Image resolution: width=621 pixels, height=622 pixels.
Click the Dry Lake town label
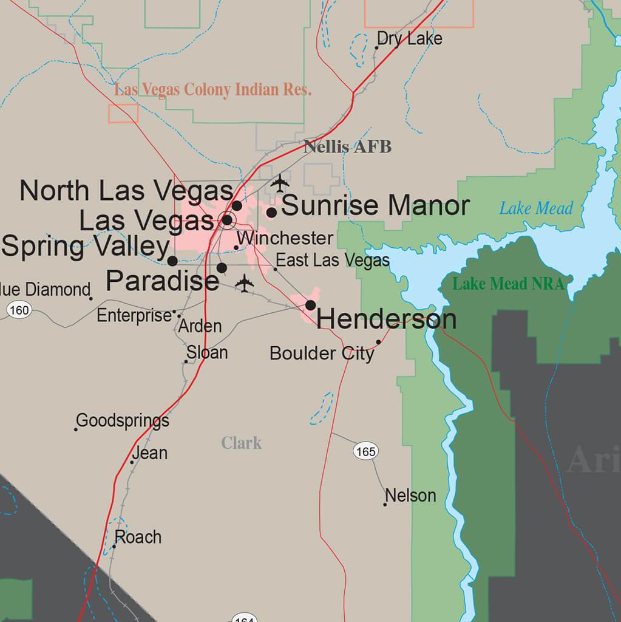point(409,39)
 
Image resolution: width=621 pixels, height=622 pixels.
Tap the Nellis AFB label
point(347,147)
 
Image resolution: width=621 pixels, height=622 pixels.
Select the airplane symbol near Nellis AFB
point(279,182)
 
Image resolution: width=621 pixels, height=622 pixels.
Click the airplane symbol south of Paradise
point(244,283)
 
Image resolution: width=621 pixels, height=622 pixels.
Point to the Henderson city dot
point(310,305)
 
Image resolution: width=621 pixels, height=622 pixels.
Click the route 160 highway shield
point(19,310)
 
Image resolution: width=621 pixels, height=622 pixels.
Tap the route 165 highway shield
point(365,451)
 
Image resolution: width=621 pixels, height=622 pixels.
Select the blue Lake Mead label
point(536,209)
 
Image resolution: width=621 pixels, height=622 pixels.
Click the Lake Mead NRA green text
point(508,284)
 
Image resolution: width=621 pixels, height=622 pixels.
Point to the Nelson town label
point(411,496)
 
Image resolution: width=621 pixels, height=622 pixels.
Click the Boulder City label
point(322,353)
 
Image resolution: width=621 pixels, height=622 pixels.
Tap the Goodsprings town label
point(123,420)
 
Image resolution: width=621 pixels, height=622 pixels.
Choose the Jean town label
point(149,453)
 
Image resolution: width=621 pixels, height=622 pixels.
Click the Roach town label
point(138,537)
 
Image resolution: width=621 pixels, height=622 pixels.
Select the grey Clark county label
point(242,443)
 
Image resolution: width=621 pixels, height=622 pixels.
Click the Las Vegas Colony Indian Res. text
point(213,91)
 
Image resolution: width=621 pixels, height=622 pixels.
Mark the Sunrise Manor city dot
point(272,212)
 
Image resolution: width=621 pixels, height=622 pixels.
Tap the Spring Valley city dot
point(172,261)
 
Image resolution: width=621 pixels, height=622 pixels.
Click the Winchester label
point(285,238)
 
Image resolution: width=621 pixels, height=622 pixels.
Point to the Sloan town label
point(207,352)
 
